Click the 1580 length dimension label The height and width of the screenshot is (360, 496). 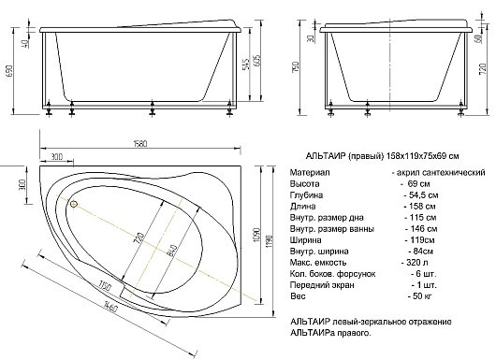tap(139, 144)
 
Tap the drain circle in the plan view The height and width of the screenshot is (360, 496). tap(74, 204)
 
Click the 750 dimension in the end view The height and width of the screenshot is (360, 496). tap(296, 67)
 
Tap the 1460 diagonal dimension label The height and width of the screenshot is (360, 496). tap(110, 306)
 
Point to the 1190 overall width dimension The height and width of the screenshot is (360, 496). tap(270, 241)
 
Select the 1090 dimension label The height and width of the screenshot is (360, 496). tap(256, 235)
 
